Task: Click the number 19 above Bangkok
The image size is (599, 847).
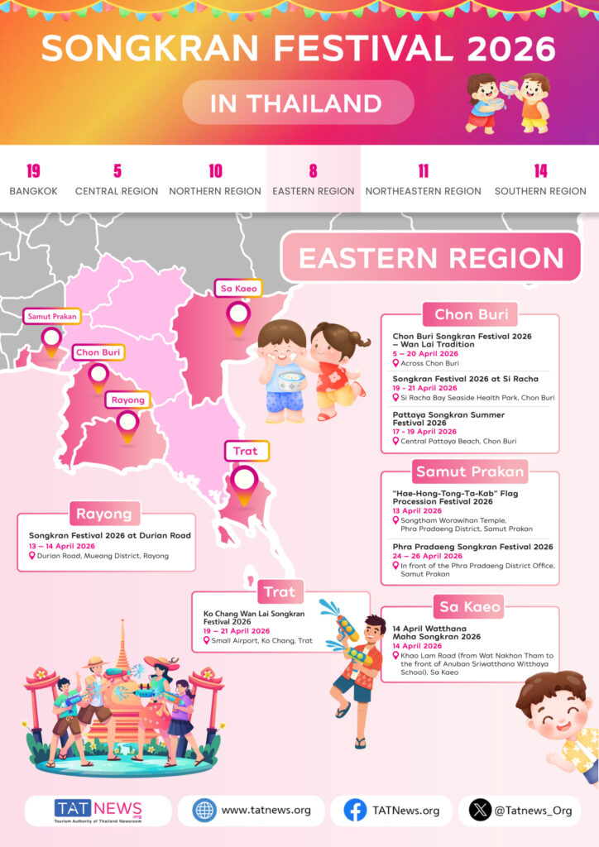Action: point(33,171)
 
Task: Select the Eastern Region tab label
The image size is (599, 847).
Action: point(314,191)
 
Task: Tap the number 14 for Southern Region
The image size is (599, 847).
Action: point(540,171)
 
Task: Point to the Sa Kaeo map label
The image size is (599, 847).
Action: point(238,289)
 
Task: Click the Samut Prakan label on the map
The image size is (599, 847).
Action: point(51,316)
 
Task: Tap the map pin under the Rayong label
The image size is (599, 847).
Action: point(127,423)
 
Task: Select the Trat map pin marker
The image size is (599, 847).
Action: point(244,481)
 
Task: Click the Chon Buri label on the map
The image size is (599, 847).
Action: point(98,352)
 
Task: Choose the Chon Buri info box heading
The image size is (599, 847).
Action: point(470,314)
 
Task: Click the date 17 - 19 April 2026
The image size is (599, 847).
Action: point(424,432)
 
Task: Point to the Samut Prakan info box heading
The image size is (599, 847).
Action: point(470,472)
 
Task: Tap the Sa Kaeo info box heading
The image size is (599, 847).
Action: point(470,607)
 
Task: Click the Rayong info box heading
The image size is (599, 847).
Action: point(104,514)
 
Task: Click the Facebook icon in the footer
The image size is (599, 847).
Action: point(355,811)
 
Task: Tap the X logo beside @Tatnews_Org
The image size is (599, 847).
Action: point(480,811)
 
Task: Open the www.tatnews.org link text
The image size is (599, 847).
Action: point(266,811)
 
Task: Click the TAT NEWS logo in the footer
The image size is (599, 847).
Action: point(98,811)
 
